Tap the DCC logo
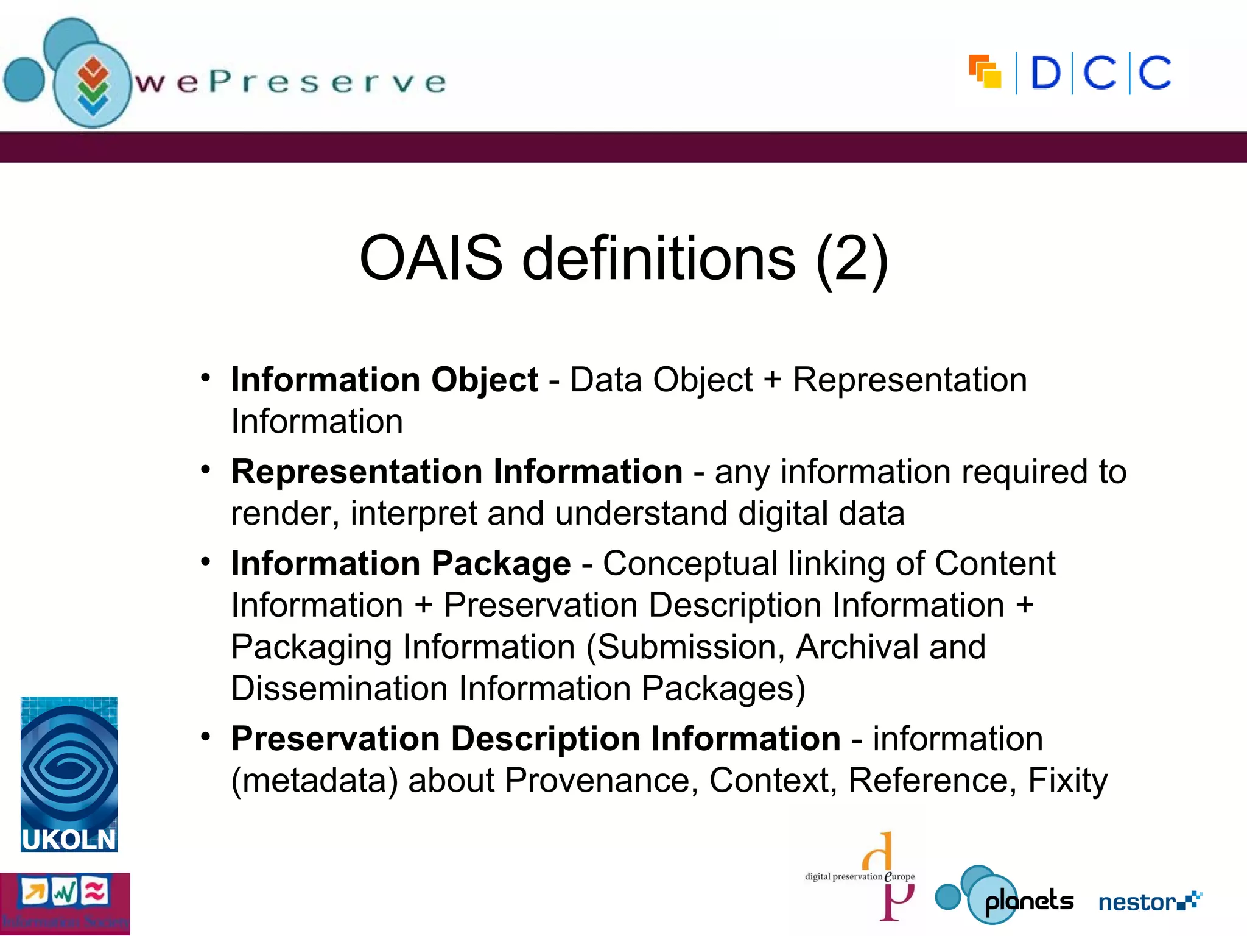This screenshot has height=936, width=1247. pyautogui.click(x=1070, y=74)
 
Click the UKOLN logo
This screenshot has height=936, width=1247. pyautogui.click(x=69, y=774)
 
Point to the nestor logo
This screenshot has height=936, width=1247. pyautogui.click(x=1150, y=901)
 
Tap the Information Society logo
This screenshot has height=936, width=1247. pyautogui.click(x=65, y=904)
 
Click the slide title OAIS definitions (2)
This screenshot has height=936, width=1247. pyautogui.click(x=623, y=258)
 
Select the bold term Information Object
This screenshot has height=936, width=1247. pyautogui.click(x=384, y=380)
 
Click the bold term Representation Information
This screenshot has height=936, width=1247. pyautogui.click(x=457, y=472)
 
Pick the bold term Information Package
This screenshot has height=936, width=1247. pyautogui.click(x=401, y=563)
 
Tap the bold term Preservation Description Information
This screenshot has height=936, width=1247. pyautogui.click(x=536, y=739)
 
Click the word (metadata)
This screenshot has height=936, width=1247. pyautogui.click(x=314, y=780)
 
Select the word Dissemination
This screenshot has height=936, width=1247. pyautogui.click(x=340, y=689)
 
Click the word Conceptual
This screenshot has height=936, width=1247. pyautogui.click(x=690, y=563)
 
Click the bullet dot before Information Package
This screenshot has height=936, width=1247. pyautogui.click(x=206, y=561)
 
